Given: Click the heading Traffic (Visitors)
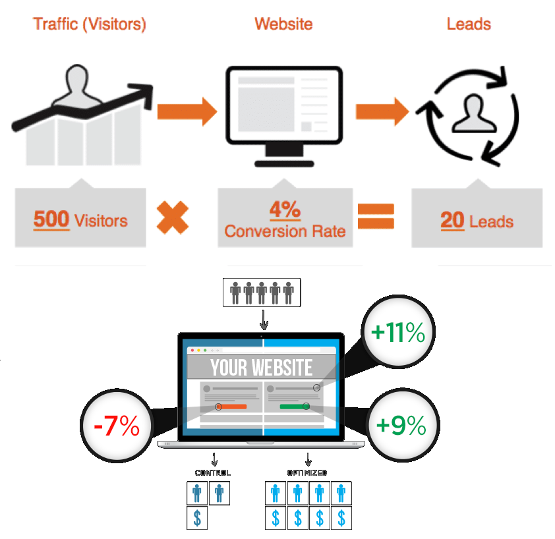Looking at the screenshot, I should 90,25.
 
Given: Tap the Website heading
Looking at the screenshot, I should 283,25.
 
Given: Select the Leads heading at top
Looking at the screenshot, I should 469,25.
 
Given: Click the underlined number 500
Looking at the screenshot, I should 51,219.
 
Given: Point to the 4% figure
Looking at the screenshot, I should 285,210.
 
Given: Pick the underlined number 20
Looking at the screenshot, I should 452,220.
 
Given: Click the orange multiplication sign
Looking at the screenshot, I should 173,217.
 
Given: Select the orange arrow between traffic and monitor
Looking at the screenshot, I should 187,110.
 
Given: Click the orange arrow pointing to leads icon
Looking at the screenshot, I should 382,110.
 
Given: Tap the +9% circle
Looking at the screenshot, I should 401,426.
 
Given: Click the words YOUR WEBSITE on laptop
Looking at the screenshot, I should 262,368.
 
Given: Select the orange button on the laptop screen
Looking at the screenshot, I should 233,407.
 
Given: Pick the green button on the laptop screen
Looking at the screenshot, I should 294,407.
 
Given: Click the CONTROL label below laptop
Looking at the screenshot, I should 213,472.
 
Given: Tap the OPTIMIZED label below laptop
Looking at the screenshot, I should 308,472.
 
